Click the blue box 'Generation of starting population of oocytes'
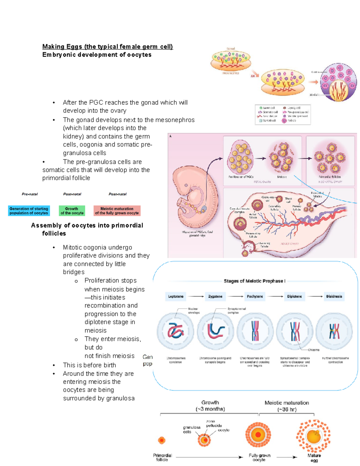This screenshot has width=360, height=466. (29, 211)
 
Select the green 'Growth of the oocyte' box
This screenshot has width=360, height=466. (72, 211)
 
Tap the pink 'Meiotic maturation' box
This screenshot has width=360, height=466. (117, 211)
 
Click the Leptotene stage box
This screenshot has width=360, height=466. (176, 296)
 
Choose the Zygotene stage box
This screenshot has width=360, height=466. (215, 296)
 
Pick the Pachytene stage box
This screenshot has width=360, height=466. (255, 296)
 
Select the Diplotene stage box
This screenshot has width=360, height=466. (294, 296)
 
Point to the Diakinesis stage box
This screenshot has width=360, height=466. (334, 296)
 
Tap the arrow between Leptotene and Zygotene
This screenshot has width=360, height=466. (196, 296)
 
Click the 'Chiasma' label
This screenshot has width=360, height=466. (313, 350)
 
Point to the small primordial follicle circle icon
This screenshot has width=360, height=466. (162, 440)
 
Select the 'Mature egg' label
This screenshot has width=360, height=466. (314, 458)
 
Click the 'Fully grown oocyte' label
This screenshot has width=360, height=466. (259, 457)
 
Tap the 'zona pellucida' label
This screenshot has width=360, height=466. (214, 423)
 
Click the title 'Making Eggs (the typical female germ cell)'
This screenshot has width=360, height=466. (107, 47)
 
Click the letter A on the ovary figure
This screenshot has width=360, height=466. (170, 136)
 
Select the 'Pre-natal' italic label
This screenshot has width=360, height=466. (30, 194)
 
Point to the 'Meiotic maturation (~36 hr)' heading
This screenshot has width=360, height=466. (286, 406)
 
